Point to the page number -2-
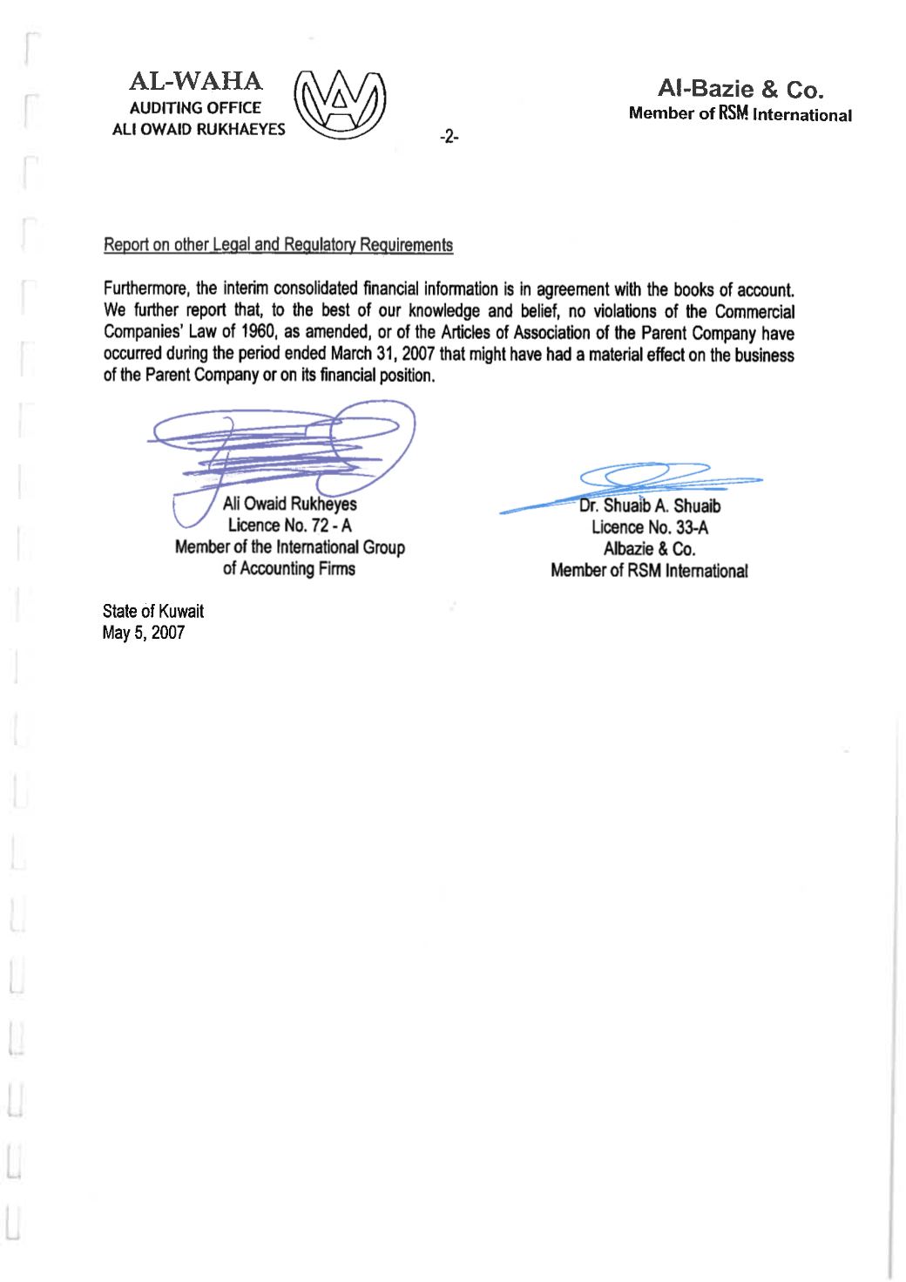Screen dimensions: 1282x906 click(x=449, y=137)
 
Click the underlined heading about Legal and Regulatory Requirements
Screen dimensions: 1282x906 click(x=278, y=245)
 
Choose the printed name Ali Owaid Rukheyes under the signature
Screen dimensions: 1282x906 click(x=289, y=504)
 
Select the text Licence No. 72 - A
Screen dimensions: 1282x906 click(x=289, y=526)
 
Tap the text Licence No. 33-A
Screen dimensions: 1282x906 click(x=650, y=527)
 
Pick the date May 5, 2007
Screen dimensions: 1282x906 click(x=144, y=633)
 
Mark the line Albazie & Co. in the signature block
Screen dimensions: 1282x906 click(x=650, y=549)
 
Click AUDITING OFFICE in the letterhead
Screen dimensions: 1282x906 click(x=195, y=108)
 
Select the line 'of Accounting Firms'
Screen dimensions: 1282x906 click(x=289, y=569)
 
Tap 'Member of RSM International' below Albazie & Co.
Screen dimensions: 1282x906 click(x=650, y=571)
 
